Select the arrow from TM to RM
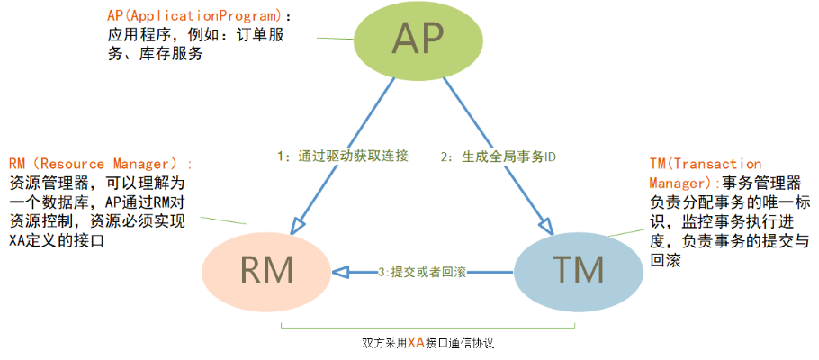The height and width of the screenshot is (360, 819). (423, 270)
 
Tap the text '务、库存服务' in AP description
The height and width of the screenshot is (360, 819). (148, 53)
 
